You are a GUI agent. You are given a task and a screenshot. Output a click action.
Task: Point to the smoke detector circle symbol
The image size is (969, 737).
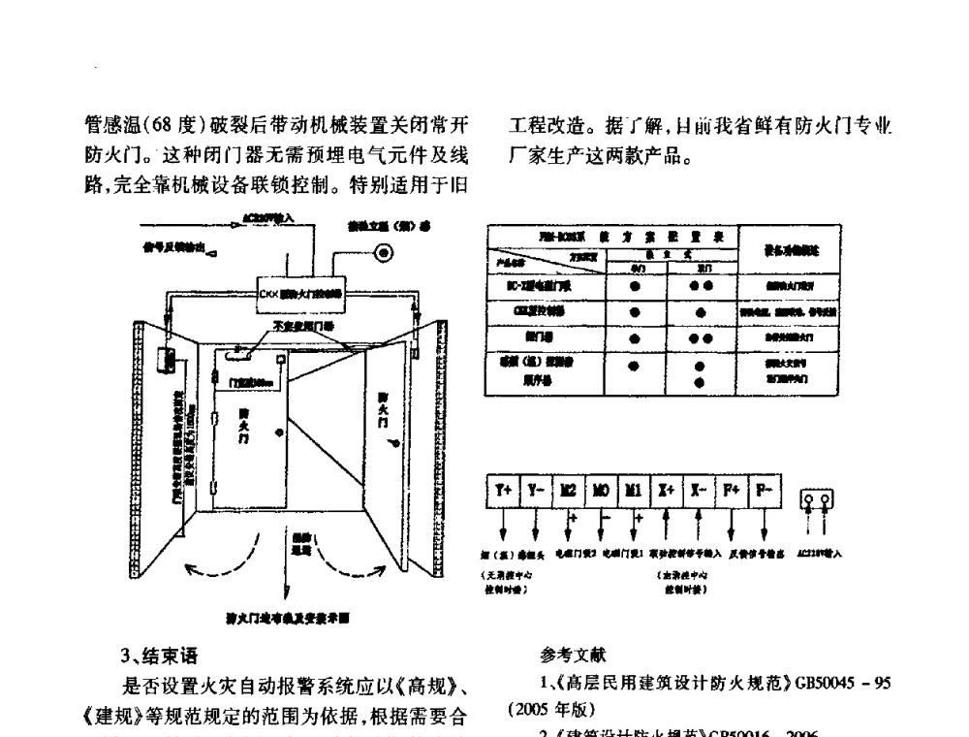(385, 253)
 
